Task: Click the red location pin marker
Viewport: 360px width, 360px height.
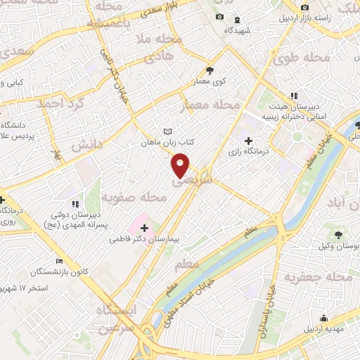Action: tap(181, 165)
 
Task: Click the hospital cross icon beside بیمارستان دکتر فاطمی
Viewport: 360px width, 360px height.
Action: tap(145, 229)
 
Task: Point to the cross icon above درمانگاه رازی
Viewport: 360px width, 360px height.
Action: tap(248, 140)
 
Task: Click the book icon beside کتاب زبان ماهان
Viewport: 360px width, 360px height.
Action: tap(167, 131)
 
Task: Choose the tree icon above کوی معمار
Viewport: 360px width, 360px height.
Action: tap(210, 70)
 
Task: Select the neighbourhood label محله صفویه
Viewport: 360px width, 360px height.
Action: tap(134, 198)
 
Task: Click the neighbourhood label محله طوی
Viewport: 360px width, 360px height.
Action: tap(302, 55)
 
